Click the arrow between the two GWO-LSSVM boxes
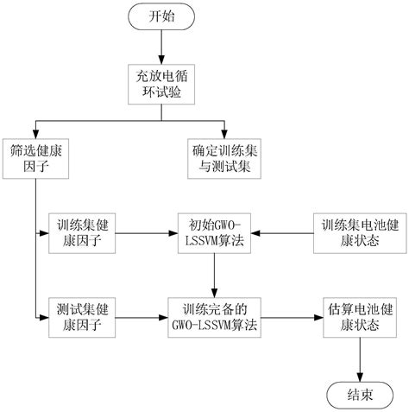coord(215,274)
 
